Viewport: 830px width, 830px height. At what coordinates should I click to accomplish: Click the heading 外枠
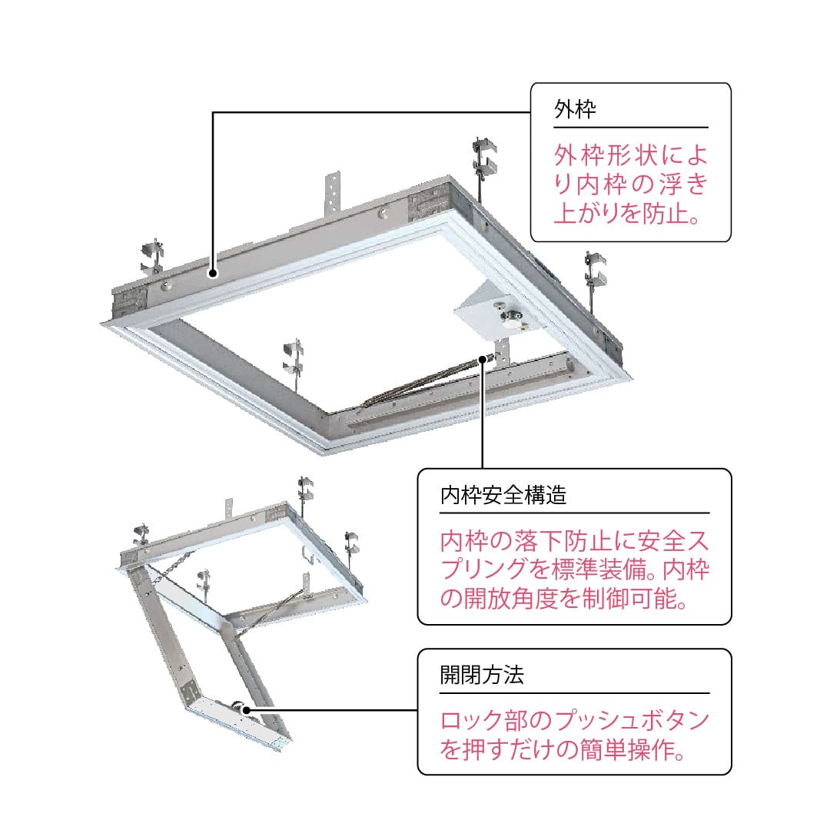pos(575,109)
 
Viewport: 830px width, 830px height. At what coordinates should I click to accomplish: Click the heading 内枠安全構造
pos(503,495)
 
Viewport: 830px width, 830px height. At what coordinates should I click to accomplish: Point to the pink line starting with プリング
pos(575,569)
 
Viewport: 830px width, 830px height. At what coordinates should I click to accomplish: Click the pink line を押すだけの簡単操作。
pos(563,749)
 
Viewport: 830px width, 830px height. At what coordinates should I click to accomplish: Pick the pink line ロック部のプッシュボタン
pos(575,721)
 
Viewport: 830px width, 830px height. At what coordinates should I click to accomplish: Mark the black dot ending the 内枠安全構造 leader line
pos(483,358)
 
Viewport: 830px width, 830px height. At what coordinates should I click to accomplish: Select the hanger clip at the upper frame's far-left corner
pos(151,257)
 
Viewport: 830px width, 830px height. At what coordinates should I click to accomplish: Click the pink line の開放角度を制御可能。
pos(563,598)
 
